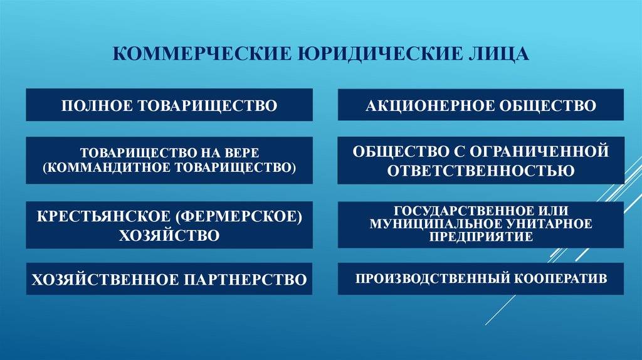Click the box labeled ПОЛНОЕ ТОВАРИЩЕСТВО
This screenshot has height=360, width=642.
[169, 105]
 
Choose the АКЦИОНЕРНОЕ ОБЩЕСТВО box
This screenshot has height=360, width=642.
[481, 105]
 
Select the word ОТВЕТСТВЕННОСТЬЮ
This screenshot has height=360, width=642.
[481, 171]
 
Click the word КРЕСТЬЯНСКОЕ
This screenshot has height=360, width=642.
[103, 216]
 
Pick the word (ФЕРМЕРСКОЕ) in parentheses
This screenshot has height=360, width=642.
[239, 216]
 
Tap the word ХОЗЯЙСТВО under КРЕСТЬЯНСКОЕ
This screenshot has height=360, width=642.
[169, 235]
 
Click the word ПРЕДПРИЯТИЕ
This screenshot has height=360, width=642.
[481, 236]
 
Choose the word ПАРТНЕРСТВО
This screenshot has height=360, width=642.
[245, 280]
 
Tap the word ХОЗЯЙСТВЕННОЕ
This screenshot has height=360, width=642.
[105, 280]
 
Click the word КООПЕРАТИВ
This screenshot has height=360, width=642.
[560, 278]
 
